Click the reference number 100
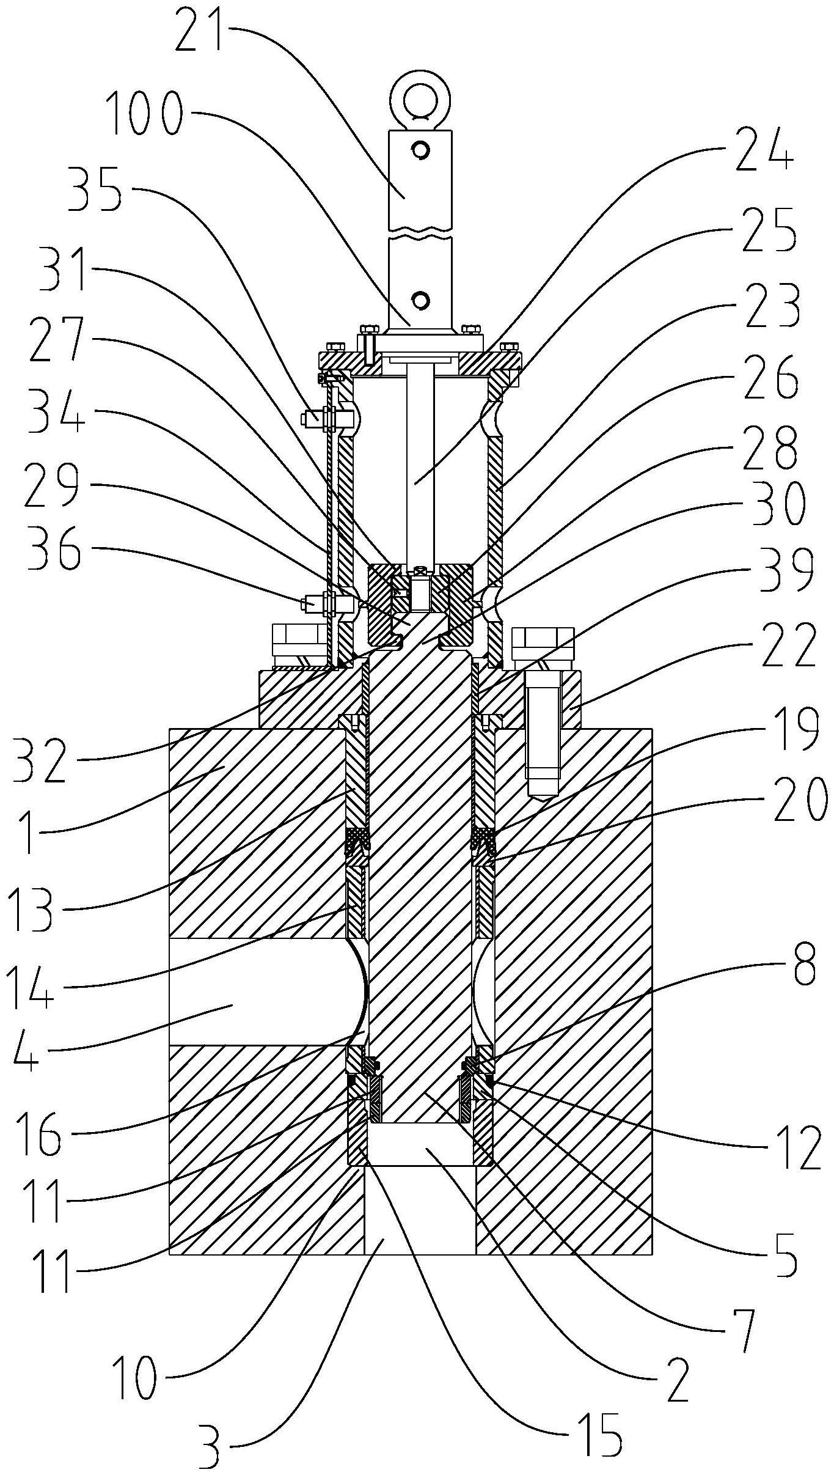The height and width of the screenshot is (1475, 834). (144, 115)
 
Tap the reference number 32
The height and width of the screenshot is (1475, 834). (38, 760)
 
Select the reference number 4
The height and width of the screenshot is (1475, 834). (24, 1062)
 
